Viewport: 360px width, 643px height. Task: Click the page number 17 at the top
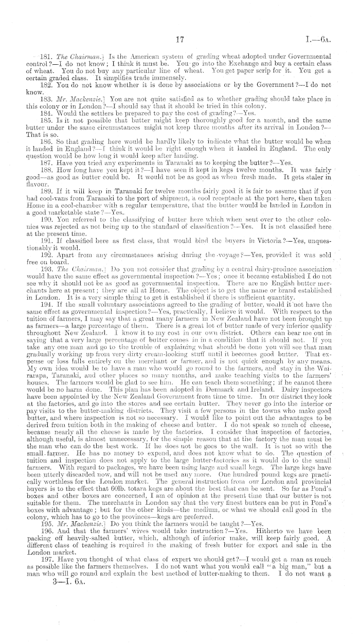(x=180, y=40)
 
